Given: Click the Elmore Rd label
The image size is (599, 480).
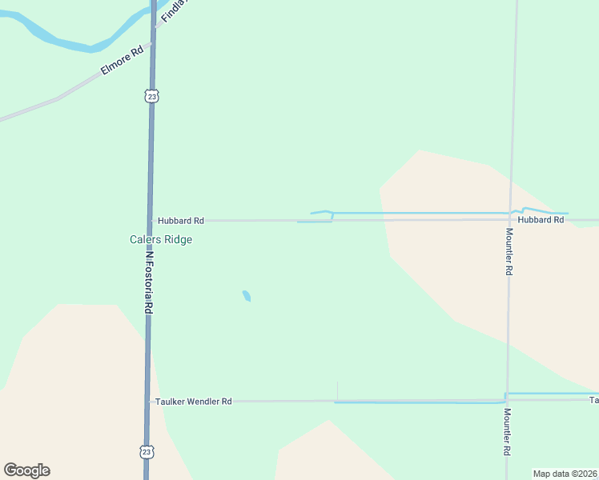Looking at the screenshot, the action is click(x=122, y=60).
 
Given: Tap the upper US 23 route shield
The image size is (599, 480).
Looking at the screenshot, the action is click(x=152, y=96).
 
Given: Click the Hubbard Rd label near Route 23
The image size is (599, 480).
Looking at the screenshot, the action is click(x=180, y=220).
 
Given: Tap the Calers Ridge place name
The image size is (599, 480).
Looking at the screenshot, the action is click(x=161, y=239).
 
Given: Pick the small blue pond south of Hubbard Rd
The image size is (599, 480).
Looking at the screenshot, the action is click(x=247, y=296).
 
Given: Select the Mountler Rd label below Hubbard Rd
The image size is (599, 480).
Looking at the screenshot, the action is click(x=509, y=252).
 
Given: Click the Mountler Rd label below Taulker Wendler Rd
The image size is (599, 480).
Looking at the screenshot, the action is click(x=507, y=433).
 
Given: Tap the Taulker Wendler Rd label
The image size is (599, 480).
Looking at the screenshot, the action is click(x=194, y=401).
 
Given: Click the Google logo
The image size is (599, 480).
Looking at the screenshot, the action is click(x=26, y=470).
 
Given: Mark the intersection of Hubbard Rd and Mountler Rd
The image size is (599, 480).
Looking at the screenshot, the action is click(x=511, y=219).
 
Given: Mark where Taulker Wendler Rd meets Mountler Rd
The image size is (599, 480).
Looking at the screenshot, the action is click(x=506, y=399).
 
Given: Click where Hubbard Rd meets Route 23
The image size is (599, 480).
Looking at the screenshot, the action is click(x=151, y=220).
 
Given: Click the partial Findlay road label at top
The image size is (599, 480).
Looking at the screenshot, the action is click(x=173, y=12).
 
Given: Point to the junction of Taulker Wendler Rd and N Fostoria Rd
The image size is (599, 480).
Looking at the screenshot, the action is click(x=148, y=401).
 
